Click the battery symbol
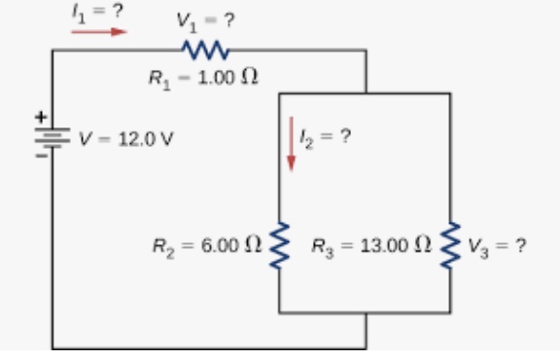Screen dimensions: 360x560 [52, 137]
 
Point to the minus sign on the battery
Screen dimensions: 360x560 [40, 154]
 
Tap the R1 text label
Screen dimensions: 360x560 [157, 77]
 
